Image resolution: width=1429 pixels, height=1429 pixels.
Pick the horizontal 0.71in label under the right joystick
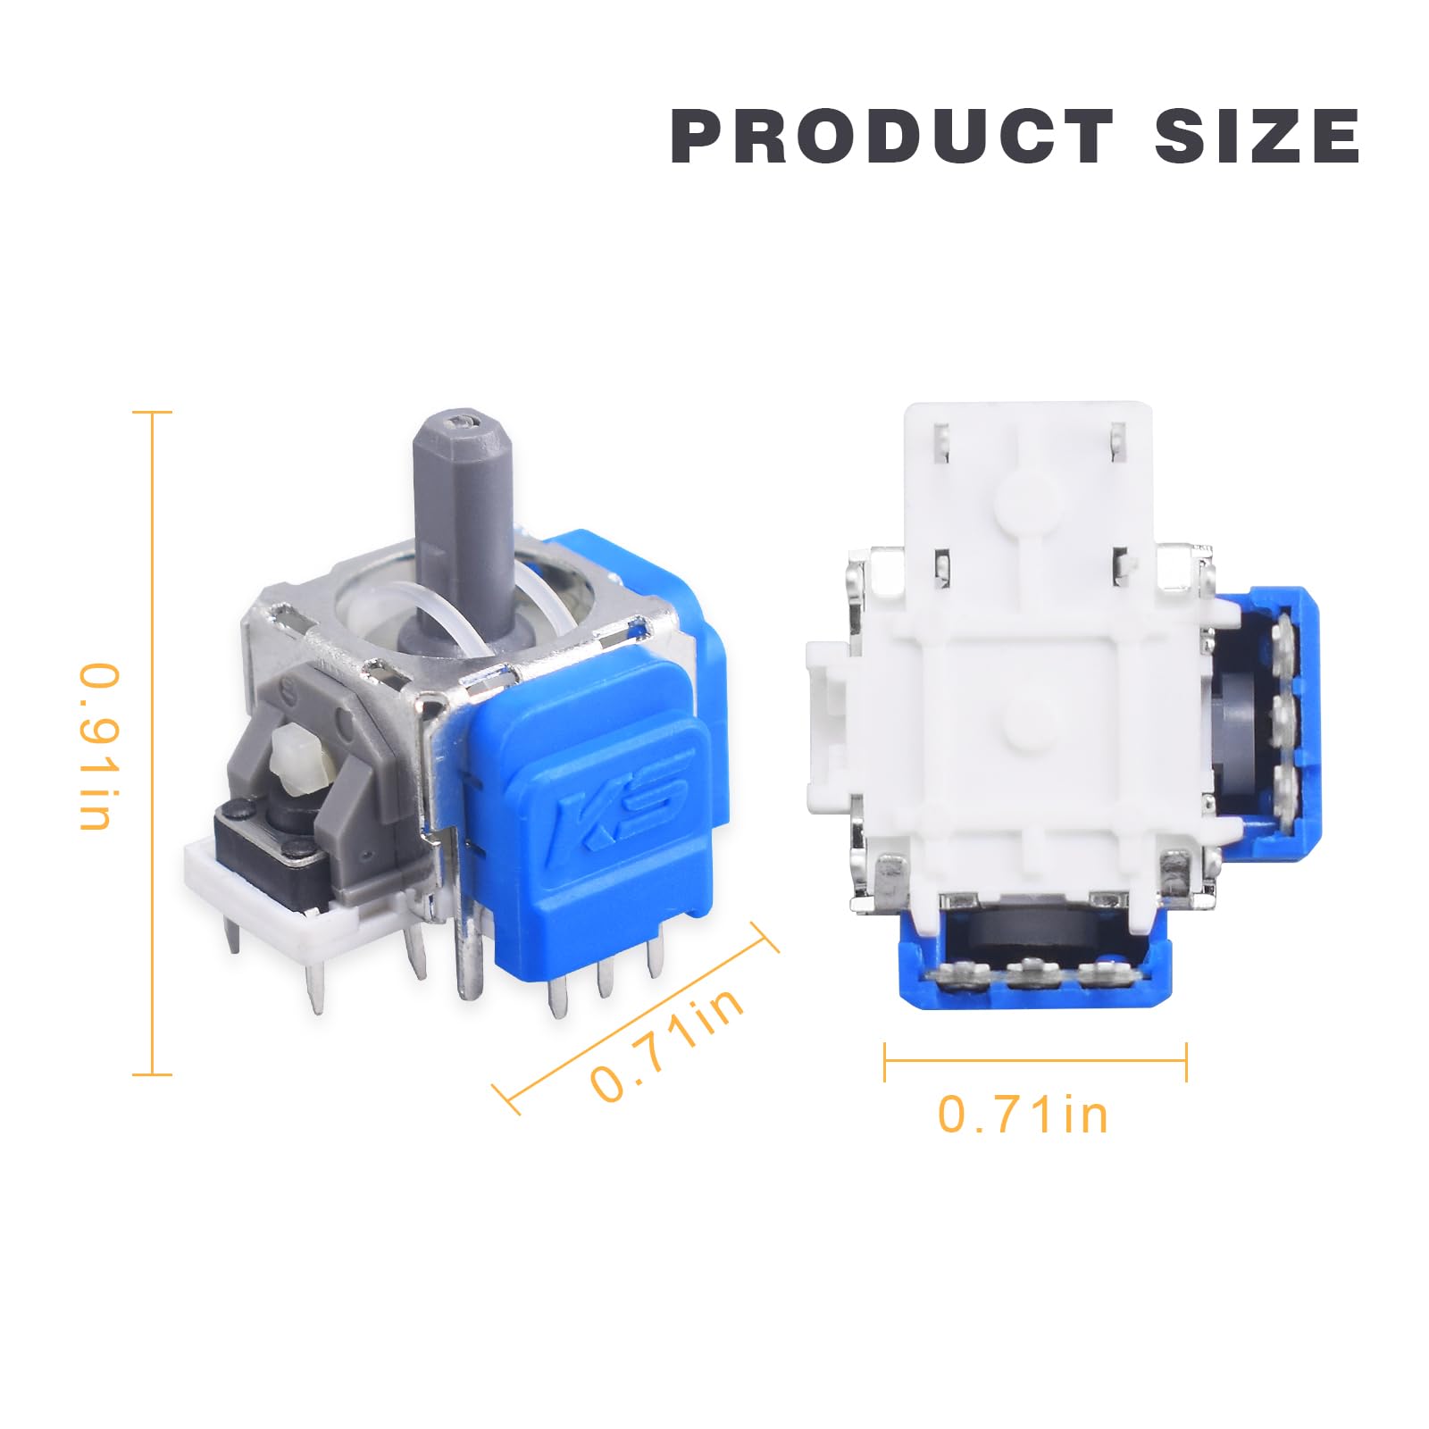tap(1023, 1115)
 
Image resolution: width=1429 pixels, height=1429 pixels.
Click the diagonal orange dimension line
tap(636, 1018)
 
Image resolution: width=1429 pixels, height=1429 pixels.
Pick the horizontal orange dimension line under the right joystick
tap(1035, 1061)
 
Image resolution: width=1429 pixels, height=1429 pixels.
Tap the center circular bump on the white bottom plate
tap(1020, 714)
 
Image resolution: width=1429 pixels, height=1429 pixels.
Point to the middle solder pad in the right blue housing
tap(1283, 712)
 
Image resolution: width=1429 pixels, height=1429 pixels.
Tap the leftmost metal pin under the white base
tap(234, 938)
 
